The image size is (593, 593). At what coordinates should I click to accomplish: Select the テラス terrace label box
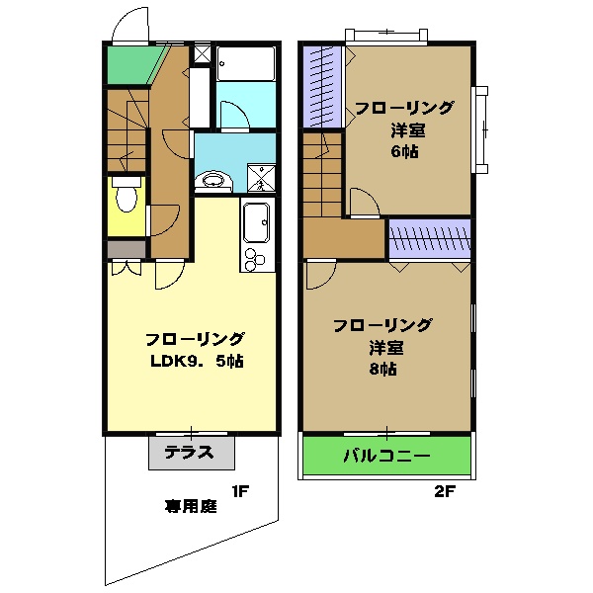click(192, 454)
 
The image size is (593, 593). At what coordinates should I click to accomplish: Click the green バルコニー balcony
click(386, 457)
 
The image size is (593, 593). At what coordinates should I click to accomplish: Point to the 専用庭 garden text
click(190, 507)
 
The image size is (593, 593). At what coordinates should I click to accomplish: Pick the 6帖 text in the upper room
click(403, 152)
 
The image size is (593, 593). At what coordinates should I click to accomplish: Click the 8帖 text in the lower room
click(383, 370)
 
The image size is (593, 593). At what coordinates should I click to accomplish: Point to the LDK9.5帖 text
click(197, 361)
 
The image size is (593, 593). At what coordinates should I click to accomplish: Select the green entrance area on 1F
click(127, 64)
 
